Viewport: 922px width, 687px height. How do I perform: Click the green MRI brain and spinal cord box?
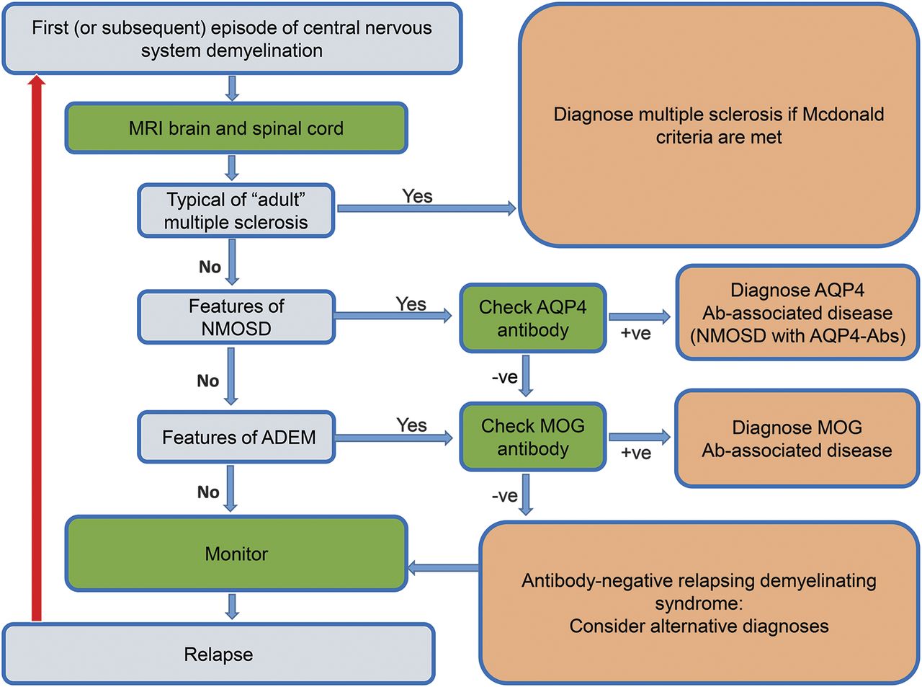(x=236, y=128)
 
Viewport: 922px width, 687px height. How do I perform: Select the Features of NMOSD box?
(x=236, y=317)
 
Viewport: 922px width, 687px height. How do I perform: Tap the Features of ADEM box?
(x=236, y=438)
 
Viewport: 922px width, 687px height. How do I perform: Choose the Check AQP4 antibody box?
(x=532, y=318)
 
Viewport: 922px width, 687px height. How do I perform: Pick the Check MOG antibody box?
(x=532, y=437)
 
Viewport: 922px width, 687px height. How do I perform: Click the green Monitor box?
(x=236, y=554)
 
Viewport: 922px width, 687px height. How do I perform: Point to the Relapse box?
(x=218, y=654)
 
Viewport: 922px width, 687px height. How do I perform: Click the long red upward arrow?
(x=36, y=346)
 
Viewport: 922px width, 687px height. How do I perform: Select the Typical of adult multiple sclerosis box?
(x=236, y=210)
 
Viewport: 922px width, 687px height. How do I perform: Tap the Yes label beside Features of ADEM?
(x=411, y=425)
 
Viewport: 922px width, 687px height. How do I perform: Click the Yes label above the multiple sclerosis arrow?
(x=417, y=196)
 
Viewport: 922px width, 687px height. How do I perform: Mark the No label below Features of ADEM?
(x=208, y=492)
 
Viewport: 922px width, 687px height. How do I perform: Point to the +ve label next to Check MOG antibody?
(x=636, y=453)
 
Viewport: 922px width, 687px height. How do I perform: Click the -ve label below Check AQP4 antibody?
(x=504, y=377)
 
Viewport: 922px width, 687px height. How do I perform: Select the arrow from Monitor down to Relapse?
(x=231, y=606)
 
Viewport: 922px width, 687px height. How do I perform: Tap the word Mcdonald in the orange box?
(x=843, y=115)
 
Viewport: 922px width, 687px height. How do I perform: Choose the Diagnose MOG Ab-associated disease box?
(x=797, y=438)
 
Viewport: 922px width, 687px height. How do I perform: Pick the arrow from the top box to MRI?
(x=231, y=88)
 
